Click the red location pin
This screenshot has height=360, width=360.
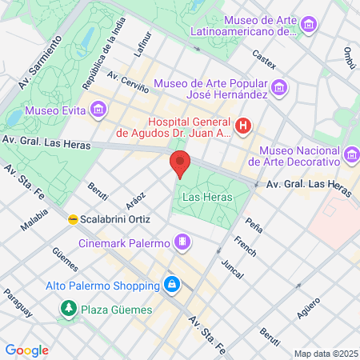[180, 163]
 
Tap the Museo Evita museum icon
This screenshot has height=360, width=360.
[98, 108]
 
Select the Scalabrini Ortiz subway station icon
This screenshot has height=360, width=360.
[73, 218]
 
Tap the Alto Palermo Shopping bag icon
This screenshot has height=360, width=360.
[171, 284]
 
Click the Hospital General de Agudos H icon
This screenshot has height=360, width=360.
[244, 126]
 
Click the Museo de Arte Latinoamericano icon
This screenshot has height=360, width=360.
[309, 26]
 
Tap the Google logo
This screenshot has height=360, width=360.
[26, 350]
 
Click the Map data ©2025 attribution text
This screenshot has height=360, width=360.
[326, 354]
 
